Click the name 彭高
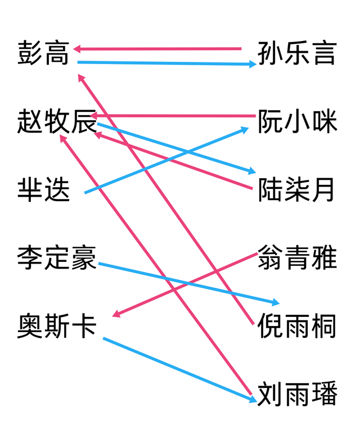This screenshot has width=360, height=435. tap(43, 53)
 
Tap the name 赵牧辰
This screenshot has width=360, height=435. tap(57, 121)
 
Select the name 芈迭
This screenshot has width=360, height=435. tap(43, 189)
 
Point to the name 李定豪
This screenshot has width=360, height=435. tap(57, 257)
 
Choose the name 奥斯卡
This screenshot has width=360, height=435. tap(57, 326)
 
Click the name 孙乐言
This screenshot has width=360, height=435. tap(297, 53)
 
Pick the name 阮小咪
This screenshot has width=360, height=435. tap(297, 121)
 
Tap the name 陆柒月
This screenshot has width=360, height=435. tap(296, 189)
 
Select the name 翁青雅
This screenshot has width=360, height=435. tap(297, 257)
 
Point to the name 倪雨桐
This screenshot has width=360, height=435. tap(296, 326)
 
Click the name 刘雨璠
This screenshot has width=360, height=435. tap(297, 394)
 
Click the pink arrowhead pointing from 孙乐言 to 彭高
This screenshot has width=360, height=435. tap(77, 49)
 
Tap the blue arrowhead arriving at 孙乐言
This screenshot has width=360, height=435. tap(253, 65)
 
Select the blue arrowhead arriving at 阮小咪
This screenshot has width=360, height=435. tap(245, 130)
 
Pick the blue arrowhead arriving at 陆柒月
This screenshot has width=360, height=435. tap(252, 171)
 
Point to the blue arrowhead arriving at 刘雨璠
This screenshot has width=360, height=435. tap(253, 400)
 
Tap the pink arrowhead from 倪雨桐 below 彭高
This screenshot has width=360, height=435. tap(81, 78)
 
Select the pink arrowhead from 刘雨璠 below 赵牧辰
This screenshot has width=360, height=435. tap(64, 138)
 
